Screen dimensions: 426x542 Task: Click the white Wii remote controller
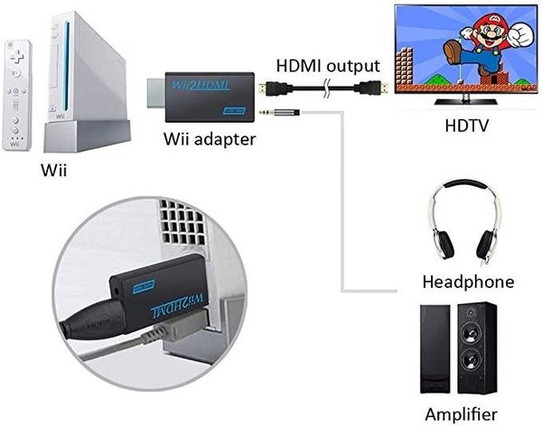coord(15,95)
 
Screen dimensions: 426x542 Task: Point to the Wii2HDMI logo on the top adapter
coord(201,85)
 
